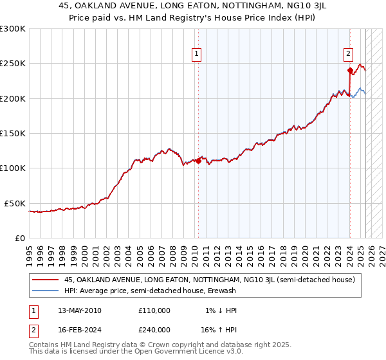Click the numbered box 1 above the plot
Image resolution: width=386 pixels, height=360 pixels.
click(x=196, y=54)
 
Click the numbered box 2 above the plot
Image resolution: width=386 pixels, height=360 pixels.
click(x=348, y=54)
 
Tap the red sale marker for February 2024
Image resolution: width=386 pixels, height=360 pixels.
click(x=349, y=71)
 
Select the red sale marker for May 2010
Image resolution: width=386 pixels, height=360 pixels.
click(x=198, y=161)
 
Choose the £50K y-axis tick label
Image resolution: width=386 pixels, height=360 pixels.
click(x=15, y=203)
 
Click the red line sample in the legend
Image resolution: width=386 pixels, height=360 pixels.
click(x=46, y=280)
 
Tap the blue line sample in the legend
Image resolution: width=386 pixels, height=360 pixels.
click(x=46, y=291)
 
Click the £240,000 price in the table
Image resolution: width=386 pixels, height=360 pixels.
click(x=154, y=329)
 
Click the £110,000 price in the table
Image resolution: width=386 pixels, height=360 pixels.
click(x=154, y=310)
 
